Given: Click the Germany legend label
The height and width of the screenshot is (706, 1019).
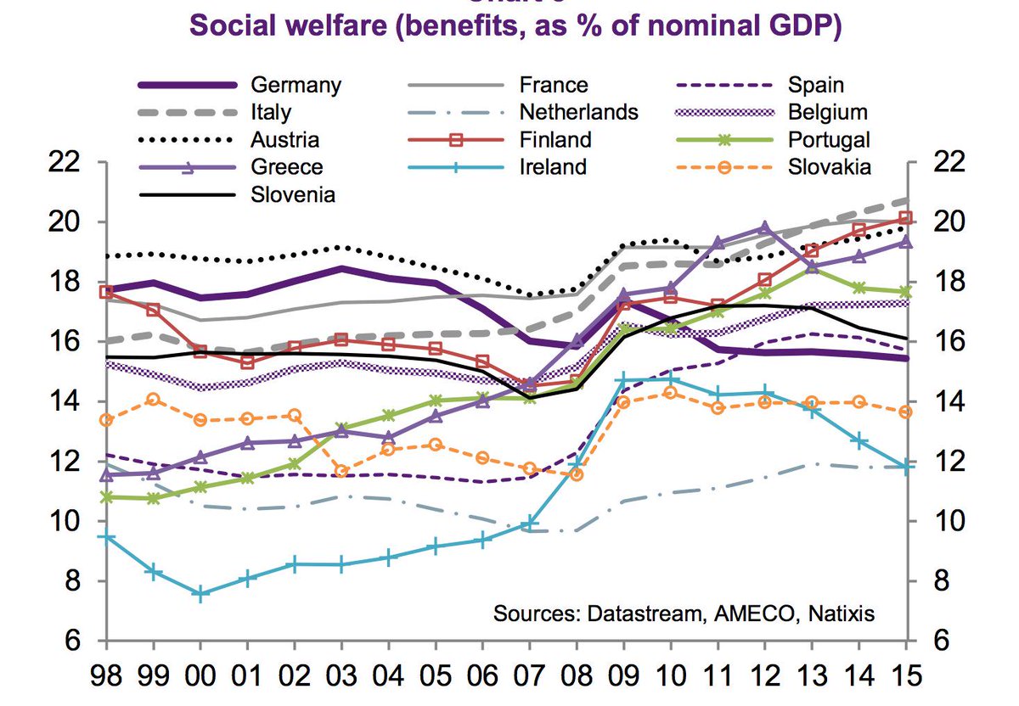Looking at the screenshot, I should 296,85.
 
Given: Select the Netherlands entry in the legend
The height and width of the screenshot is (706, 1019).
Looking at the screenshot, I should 578,112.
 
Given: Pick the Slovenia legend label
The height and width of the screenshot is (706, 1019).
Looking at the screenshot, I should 293,194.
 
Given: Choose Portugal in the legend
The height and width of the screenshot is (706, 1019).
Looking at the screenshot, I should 828,139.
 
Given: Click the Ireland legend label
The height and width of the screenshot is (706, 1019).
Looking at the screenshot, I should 552,166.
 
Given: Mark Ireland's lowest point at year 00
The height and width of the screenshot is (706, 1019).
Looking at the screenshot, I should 200,595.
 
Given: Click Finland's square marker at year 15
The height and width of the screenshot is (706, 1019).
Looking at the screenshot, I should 906,218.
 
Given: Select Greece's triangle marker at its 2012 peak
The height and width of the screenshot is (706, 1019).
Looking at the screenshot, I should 764,227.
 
